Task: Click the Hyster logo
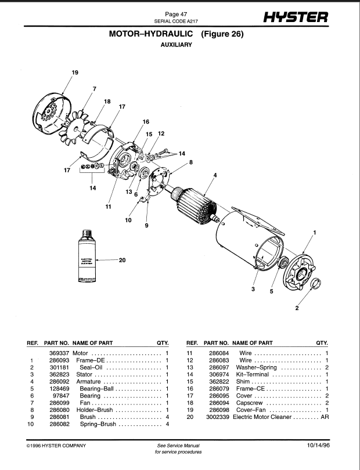click(296, 17)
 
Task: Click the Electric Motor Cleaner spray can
click(87, 256)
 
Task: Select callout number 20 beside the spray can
click(122, 260)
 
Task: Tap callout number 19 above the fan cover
click(75, 73)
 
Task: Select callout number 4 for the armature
click(215, 175)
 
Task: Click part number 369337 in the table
click(59, 353)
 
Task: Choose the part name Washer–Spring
click(256, 367)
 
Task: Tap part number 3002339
click(218, 417)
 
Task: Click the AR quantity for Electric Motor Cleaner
click(325, 417)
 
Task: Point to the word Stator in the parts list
click(84, 375)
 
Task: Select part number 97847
click(63, 396)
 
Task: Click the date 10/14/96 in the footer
click(318, 446)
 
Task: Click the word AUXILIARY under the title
click(177, 45)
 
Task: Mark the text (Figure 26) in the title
click(222, 34)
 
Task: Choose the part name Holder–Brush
click(95, 410)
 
